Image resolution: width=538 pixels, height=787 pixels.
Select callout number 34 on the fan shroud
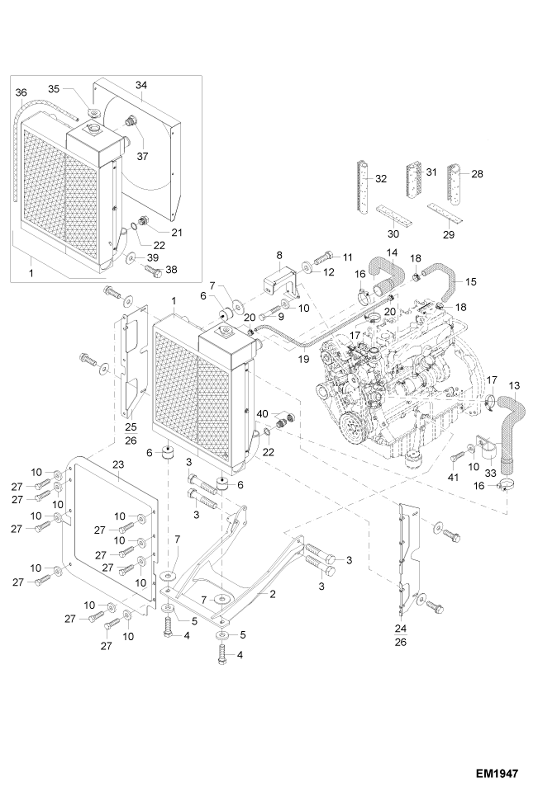click(141, 85)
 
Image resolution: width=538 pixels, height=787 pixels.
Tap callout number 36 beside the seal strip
click(21, 93)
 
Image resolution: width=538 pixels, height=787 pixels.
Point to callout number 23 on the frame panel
click(118, 465)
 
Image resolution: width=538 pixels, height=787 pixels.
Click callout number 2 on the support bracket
click(272, 594)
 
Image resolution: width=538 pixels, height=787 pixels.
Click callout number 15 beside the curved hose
click(470, 282)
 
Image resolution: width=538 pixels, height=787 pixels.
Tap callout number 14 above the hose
click(392, 253)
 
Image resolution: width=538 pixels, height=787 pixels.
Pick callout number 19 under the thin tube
click(304, 359)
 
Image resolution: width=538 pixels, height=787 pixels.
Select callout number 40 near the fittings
click(262, 414)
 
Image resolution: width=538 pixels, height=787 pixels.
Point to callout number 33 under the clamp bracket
click(491, 473)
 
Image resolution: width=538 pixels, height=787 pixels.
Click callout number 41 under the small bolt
click(453, 477)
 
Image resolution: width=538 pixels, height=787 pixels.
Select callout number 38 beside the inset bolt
click(171, 269)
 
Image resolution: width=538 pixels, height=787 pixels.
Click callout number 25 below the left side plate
click(131, 427)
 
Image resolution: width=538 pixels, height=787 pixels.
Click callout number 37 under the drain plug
click(142, 156)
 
